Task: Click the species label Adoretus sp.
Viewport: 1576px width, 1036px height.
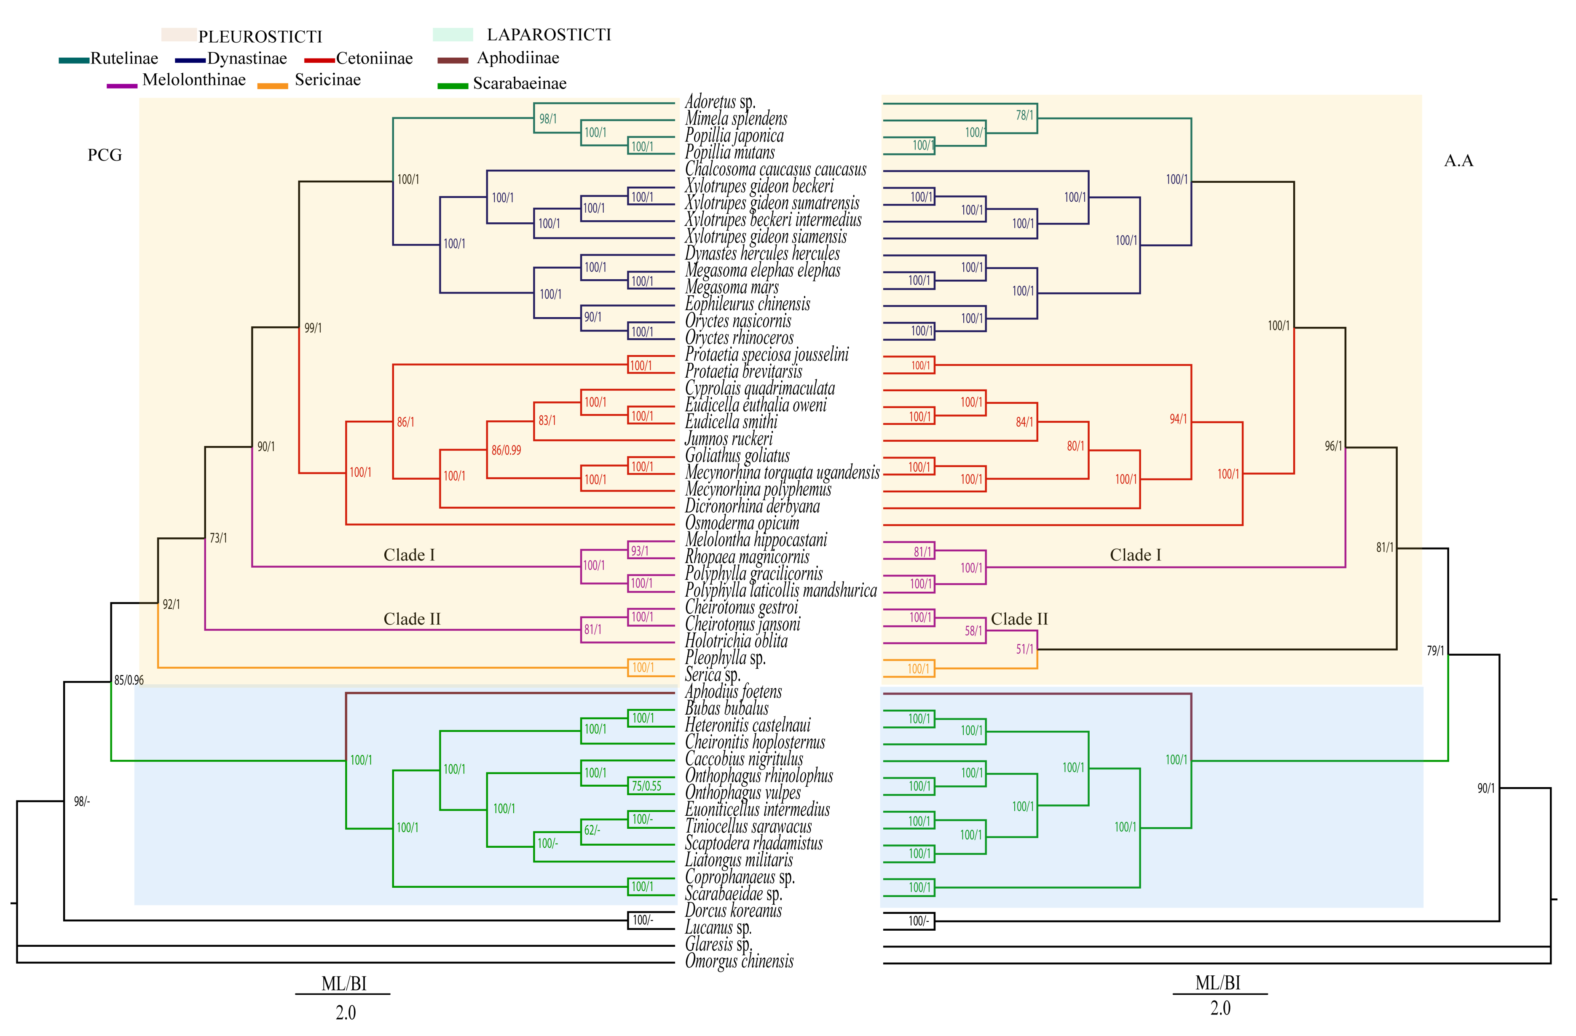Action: point(719,102)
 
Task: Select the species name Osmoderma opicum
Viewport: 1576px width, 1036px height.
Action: point(742,523)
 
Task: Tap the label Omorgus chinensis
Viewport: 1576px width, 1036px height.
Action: point(739,961)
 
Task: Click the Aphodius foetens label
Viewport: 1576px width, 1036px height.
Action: point(733,692)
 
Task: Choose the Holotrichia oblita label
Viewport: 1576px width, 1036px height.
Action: point(736,641)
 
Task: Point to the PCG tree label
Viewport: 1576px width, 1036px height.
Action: point(105,155)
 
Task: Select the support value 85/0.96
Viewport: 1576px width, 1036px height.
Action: point(129,680)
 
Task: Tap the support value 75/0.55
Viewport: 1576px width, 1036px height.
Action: point(646,786)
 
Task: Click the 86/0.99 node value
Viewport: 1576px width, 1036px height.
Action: point(506,450)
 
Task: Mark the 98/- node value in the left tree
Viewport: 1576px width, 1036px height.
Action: point(81,802)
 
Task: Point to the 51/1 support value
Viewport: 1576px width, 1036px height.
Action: point(1024,649)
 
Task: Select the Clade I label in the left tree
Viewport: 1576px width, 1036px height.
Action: point(409,555)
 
